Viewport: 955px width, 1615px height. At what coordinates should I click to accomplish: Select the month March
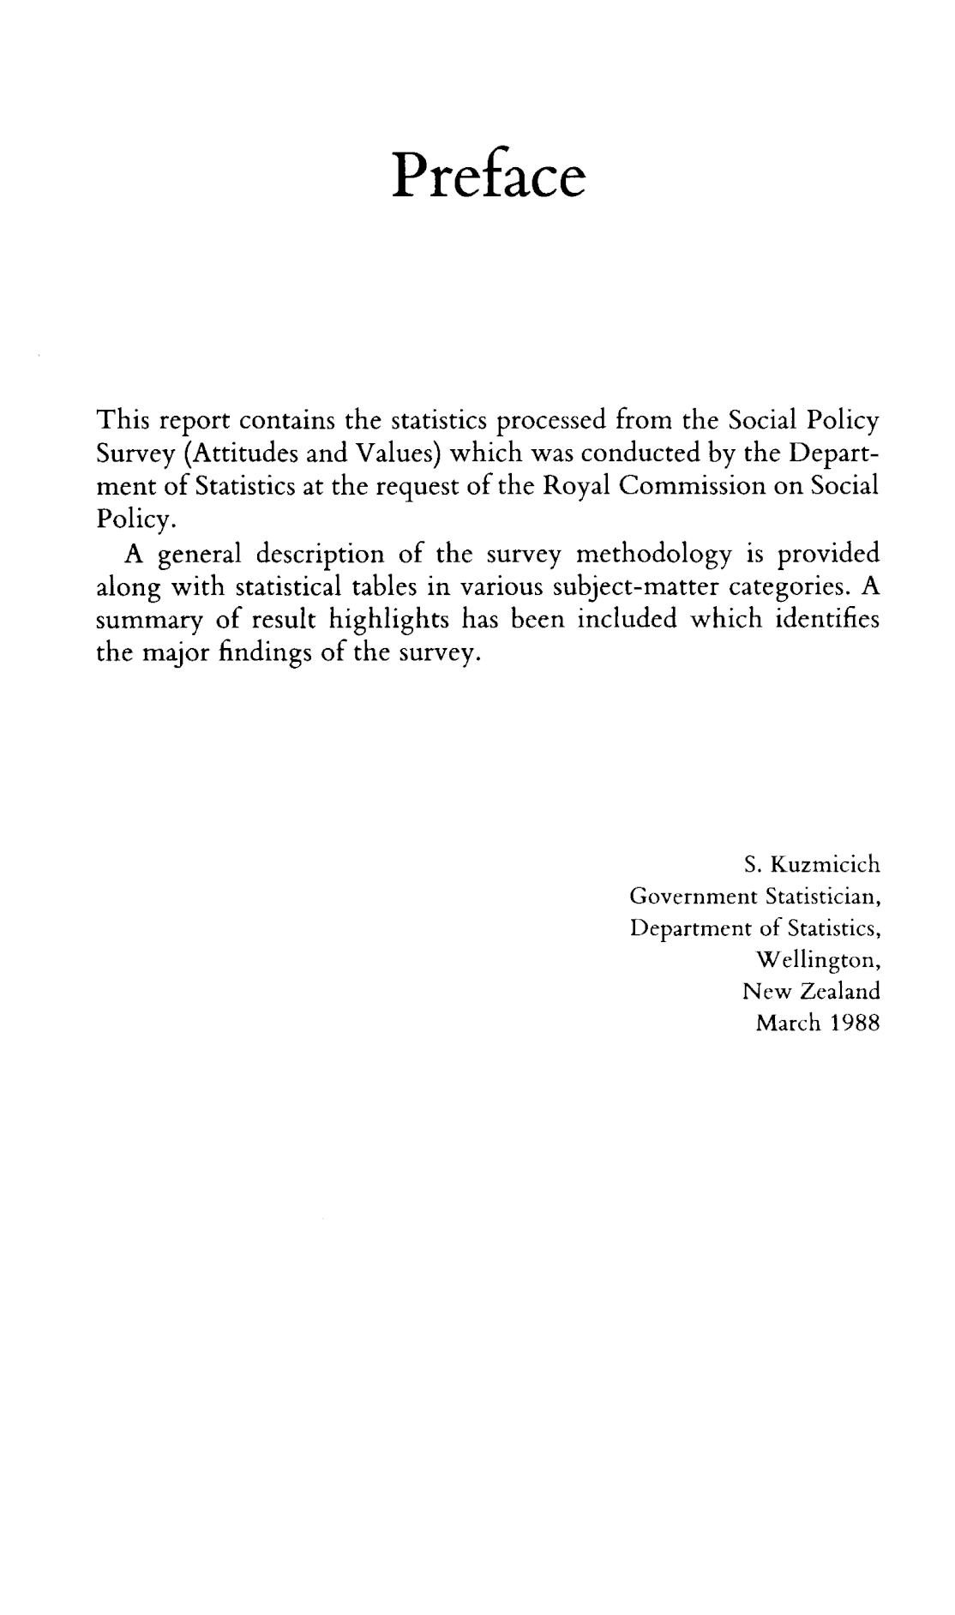click(784, 1023)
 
